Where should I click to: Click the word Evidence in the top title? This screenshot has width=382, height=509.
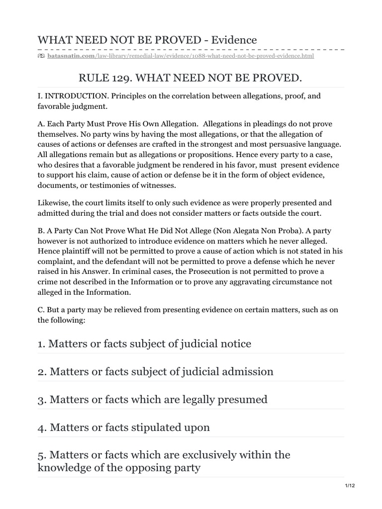click(234, 40)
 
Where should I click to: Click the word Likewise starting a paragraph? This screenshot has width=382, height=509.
click(53, 203)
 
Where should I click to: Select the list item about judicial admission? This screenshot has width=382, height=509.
click(156, 371)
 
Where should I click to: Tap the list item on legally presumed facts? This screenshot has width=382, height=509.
click(152, 399)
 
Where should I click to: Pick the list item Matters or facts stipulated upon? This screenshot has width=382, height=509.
click(124, 427)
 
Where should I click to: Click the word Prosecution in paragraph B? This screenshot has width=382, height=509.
click(187, 271)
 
